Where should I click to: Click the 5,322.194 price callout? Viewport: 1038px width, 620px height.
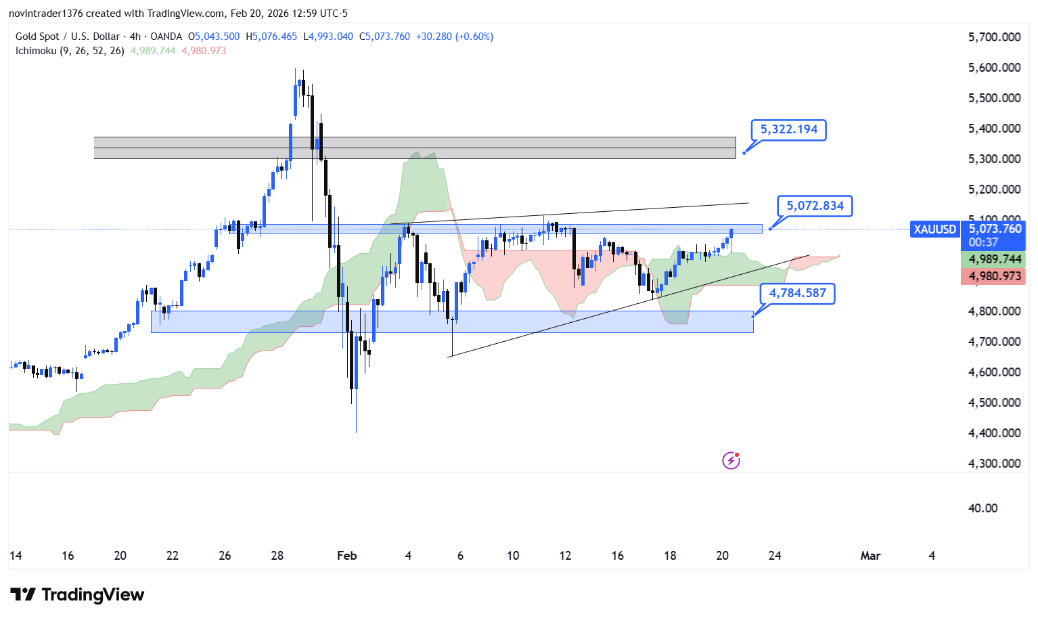(788, 129)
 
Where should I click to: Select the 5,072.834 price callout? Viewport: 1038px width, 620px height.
(815, 206)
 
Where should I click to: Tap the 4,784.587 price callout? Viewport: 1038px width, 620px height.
(797, 293)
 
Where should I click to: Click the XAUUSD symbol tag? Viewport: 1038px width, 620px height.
(934, 229)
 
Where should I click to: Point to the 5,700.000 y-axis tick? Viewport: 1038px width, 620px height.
(994, 37)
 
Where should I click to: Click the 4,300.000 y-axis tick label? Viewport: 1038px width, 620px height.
(994, 464)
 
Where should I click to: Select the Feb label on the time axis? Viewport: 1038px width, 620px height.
(346, 556)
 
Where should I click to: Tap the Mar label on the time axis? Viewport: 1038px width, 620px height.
(870, 556)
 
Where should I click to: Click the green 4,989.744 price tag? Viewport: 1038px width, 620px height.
(994, 259)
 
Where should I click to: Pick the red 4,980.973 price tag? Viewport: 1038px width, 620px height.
(994, 276)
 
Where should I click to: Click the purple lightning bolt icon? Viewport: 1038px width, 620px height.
(731, 461)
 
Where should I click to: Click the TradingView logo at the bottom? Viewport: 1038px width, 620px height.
(78, 595)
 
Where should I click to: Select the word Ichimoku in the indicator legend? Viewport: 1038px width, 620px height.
(36, 51)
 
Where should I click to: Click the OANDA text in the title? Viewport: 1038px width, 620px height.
(166, 37)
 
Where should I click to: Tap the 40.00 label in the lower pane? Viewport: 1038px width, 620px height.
(983, 508)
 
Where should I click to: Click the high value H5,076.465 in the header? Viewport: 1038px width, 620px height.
(271, 37)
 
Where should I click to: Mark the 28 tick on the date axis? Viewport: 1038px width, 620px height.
(277, 556)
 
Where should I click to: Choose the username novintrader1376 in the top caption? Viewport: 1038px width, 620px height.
(45, 14)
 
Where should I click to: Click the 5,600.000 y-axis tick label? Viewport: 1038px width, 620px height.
(994, 68)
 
